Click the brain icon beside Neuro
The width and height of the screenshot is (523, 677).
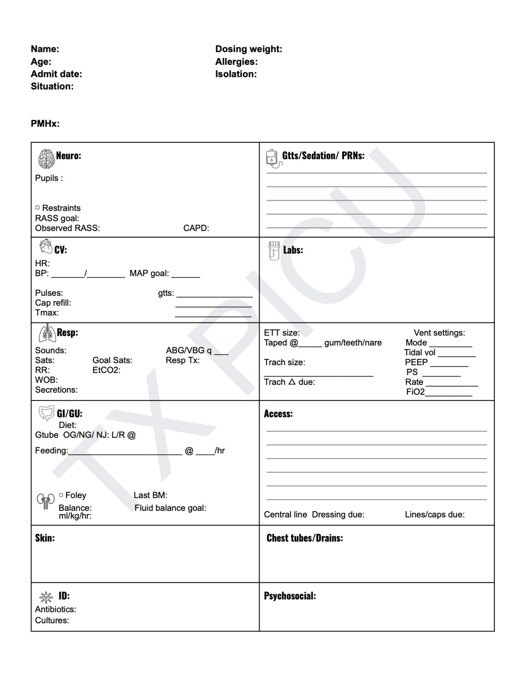[x=46, y=159]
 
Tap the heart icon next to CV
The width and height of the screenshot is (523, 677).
[x=46, y=247]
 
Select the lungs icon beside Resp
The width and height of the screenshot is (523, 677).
[x=47, y=333]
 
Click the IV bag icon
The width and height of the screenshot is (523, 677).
[x=273, y=158]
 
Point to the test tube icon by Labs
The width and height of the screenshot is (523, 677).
[x=274, y=251]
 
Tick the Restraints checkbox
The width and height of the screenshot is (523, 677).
[x=38, y=208]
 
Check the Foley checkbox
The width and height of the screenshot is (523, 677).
[x=61, y=495]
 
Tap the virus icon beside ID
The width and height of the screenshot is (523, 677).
[x=46, y=597]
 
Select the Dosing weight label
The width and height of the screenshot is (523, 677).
[x=249, y=49]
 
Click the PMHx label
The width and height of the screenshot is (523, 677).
[x=45, y=124]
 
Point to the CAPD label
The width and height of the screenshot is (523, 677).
[x=196, y=228]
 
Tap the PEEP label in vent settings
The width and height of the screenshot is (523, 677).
[x=416, y=362]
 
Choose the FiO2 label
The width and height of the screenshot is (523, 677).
[x=415, y=392]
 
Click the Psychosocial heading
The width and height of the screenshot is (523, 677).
[x=290, y=596]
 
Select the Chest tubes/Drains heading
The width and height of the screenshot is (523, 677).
[x=305, y=538]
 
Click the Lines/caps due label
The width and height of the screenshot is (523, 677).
[x=434, y=515]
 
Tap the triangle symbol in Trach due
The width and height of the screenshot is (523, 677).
[x=292, y=382]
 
